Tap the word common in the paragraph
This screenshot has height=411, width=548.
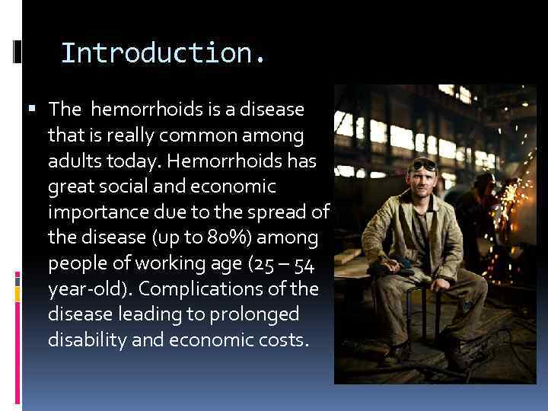point(221,136)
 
